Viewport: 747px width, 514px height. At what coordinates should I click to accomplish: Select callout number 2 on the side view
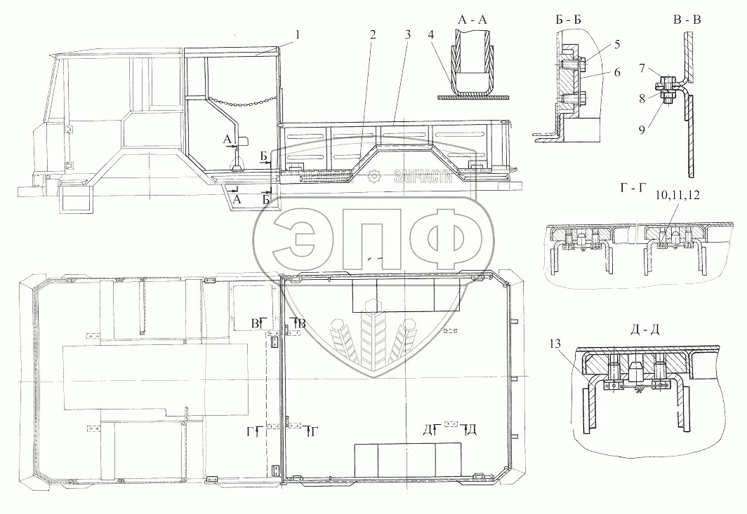[x=372, y=34]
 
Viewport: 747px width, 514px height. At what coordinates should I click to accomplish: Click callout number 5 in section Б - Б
[x=597, y=45]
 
